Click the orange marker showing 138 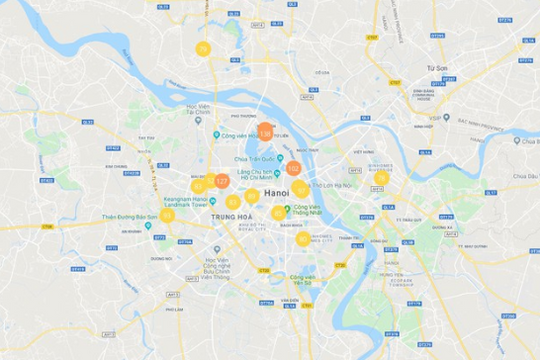click(266, 131)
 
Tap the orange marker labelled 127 click(221, 182)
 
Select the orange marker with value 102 click(293, 168)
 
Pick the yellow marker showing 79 click(203, 48)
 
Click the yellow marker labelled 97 click(301, 187)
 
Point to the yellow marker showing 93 click(198, 186)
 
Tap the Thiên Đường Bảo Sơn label click(130, 216)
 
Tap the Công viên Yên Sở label click(302, 279)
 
